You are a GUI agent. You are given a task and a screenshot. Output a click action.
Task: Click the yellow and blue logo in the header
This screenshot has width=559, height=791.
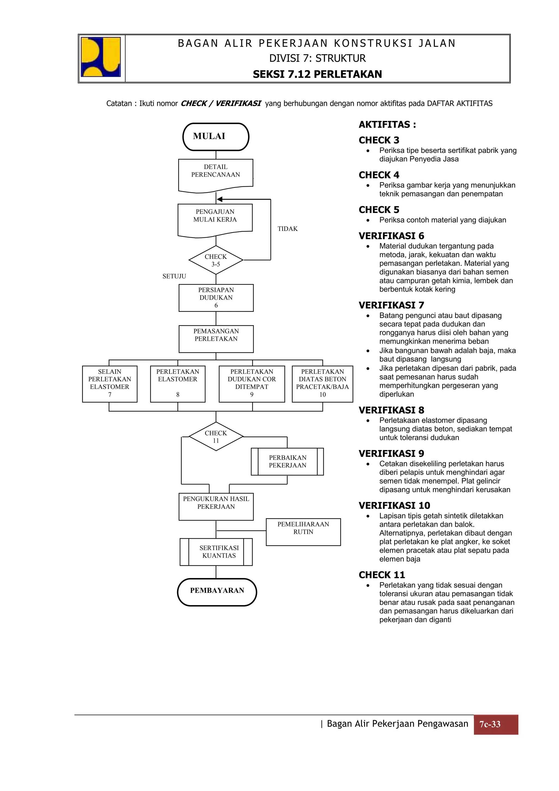click(100, 57)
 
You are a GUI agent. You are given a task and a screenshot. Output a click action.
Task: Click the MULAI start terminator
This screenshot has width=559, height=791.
click(216, 137)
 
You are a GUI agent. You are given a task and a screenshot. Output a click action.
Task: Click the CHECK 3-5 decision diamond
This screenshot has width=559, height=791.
click(216, 260)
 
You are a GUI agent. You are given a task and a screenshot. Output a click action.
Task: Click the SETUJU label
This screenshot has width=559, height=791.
click(174, 276)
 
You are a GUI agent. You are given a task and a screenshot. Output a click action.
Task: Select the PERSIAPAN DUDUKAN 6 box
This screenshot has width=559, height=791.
click(216, 298)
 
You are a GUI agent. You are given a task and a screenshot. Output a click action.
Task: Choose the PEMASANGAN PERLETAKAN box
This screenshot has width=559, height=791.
click(216, 339)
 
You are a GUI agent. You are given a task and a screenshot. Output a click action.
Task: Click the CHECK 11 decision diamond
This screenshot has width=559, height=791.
click(216, 437)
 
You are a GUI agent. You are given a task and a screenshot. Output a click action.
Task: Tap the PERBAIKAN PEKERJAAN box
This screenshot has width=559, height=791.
click(287, 462)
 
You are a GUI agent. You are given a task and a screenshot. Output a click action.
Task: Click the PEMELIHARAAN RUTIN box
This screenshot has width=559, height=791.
click(303, 532)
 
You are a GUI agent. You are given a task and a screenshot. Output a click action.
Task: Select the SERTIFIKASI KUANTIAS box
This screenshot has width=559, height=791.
click(216, 552)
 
